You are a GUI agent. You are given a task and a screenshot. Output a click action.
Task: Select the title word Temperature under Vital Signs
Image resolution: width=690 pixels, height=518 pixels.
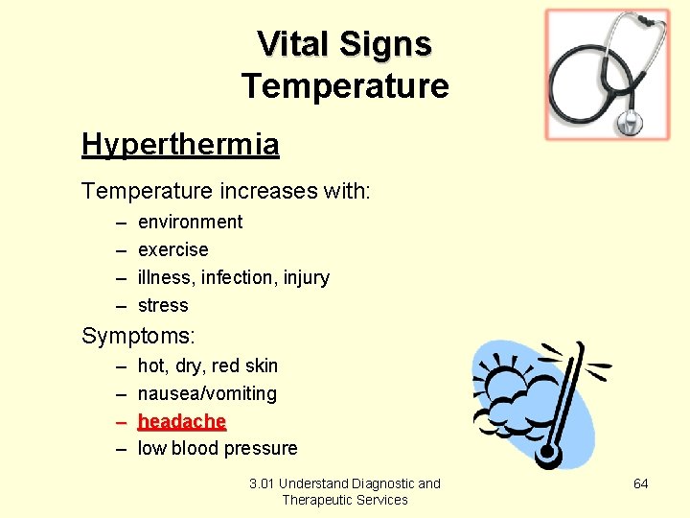coord(345,86)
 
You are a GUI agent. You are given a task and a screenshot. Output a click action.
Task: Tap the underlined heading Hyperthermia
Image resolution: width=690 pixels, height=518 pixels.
coord(180,144)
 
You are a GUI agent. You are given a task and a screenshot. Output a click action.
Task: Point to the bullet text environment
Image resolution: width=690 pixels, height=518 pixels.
coord(190,222)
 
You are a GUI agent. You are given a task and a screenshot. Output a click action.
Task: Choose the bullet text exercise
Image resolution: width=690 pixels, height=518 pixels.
coord(172,249)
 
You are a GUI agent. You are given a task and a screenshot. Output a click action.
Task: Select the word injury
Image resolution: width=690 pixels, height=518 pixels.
coord(307,277)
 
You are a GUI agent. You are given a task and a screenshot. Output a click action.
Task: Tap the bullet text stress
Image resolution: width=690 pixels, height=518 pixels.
coord(163,305)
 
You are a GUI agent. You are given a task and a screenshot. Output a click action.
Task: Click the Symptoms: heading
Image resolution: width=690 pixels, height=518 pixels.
coord(138,336)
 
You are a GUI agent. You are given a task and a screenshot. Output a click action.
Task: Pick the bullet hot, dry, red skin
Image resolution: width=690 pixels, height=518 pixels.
coord(208,365)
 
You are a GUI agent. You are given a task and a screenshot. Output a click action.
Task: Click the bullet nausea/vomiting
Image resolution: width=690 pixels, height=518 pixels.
coord(207,393)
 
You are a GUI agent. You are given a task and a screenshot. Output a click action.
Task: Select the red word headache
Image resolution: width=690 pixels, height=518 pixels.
coord(182,421)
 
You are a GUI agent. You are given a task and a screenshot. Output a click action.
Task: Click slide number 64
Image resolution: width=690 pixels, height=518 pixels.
coord(641,483)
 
